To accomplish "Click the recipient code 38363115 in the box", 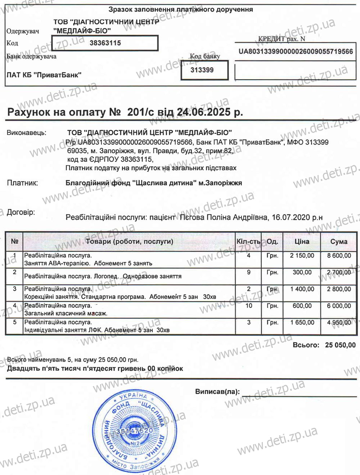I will pyautogui.click(x=105, y=43).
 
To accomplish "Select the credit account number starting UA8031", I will pyautogui.click(x=296, y=51).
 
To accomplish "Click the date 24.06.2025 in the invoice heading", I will pyautogui.click(x=203, y=112).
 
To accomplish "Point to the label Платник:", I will pyautogui.click(x=22, y=183).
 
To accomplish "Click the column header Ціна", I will pyautogui.click(x=302, y=241).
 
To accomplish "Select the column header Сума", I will pyautogui.click(x=339, y=241).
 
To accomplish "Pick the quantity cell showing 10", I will pyautogui.click(x=249, y=306).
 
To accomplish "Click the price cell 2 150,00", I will pyautogui.click(x=302, y=255).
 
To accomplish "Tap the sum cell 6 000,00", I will pyautogui.click(x=339, y=306).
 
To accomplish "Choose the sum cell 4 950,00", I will pyautogui.click(x=339, y=322).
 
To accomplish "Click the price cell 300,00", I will pyautogui.click(x=302, y=272).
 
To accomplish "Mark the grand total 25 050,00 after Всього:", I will pyautogui.click(x=340, y=345).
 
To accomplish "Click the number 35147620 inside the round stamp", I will pyautogui.click(x=134, y=431).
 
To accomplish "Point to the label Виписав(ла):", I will pyautogui.click(x=217, y=392).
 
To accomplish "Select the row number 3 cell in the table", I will pyautogui.click(x=15, y=289).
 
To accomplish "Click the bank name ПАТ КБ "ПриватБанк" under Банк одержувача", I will pyautogui.click(x=44, y=75).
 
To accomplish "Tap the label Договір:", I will pyautogui.click(x=21, y=212).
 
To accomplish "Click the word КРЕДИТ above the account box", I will pyautogui.click(x=271, y=39).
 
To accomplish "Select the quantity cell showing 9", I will pyautogui.click(x=249, y=272).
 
